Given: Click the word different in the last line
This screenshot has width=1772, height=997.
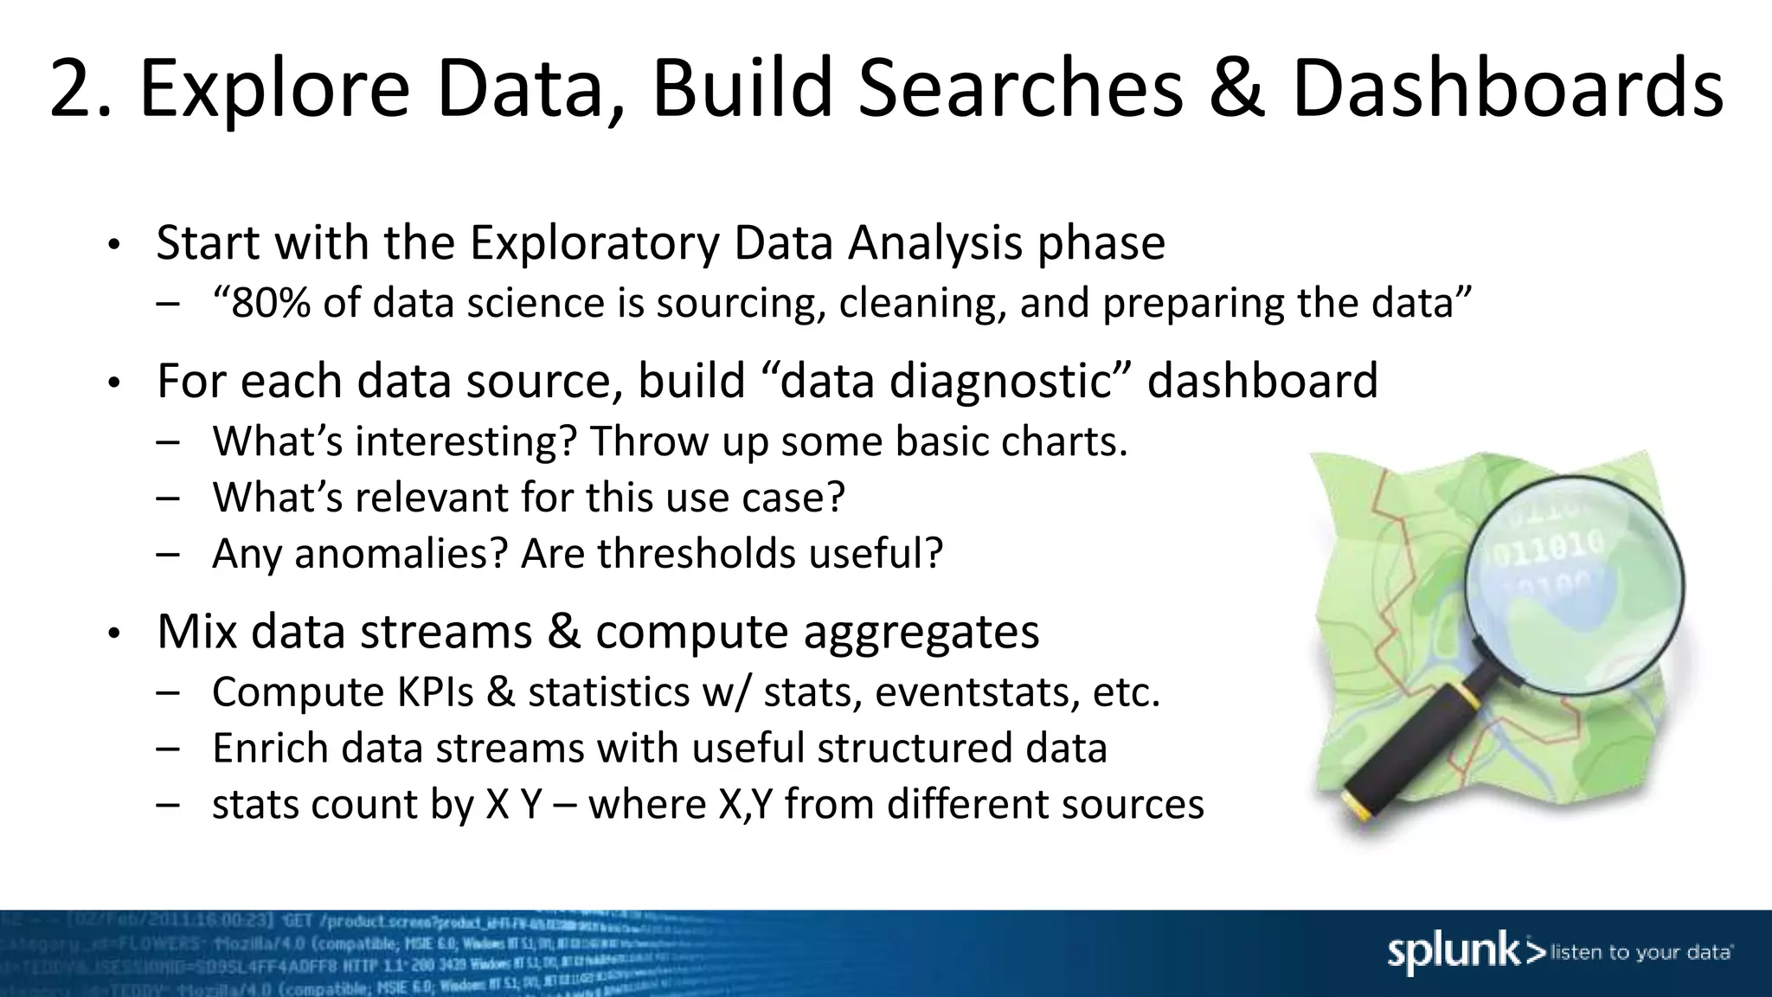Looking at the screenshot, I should click(x=968, y=805).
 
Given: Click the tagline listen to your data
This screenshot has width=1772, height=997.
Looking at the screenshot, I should click(x=1641, y=953).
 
